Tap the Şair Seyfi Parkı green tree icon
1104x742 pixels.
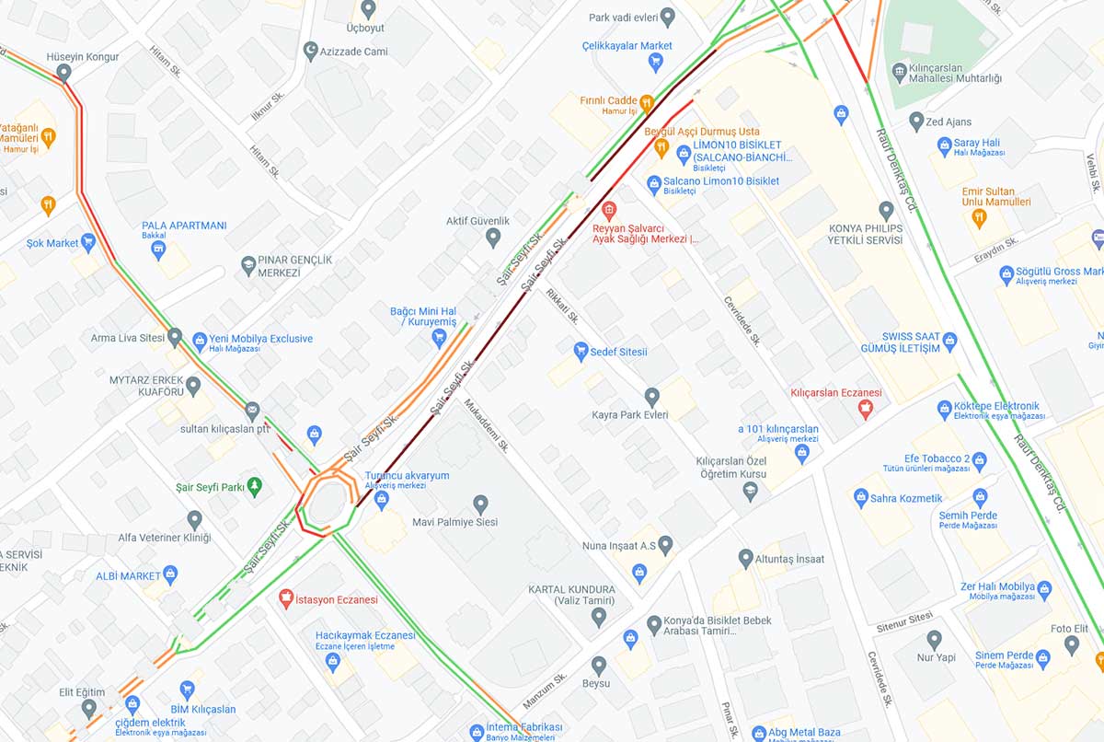[x=256, y=485]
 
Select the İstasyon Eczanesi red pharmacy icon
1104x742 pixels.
[x=286, y=598]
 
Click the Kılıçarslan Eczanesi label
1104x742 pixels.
[x=835, y=393]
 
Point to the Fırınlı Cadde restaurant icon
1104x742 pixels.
[x=647, y=101]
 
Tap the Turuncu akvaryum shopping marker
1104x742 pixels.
[x=382, y=498]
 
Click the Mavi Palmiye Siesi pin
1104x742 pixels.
[x=480, y=504]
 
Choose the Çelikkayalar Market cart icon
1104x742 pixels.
[x=655, y=63]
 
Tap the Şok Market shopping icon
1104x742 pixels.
[x=88, y=243]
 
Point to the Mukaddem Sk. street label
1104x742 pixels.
[x=487, y=424]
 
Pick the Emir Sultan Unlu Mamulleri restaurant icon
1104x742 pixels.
[x=979, y=218]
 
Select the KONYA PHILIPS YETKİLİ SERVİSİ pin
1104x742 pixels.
[x=886, y=211]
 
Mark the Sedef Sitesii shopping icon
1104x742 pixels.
[x=581, y=351]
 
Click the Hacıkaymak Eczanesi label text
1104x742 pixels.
[x=365, y=635]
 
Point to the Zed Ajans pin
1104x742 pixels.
[x=915, y=121]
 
